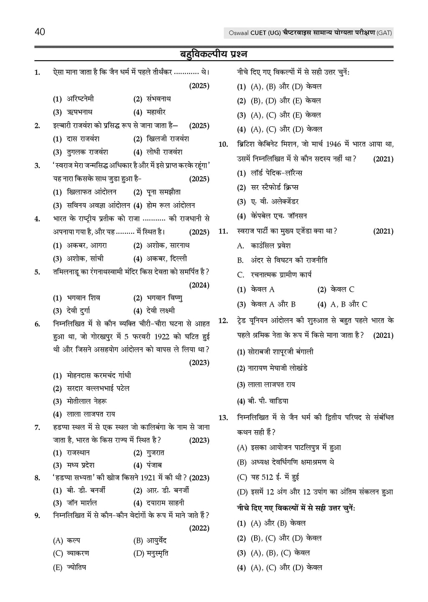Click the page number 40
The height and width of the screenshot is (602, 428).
click(40, 32)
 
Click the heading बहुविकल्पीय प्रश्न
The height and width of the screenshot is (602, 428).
click(214, 54)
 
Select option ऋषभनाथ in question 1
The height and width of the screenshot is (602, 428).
click(79, 112)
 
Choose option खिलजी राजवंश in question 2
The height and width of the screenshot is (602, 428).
click(168, 139)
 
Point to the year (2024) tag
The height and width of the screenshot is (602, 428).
click(199, 285)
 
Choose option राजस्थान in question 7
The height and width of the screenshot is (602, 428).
click(78, 452)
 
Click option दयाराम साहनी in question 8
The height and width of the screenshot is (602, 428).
click(165, 503)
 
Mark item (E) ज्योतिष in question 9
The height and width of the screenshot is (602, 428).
click(76, 567)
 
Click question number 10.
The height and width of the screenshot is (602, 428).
click(223, 145)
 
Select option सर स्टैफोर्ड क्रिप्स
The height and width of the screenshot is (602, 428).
click(274, 187)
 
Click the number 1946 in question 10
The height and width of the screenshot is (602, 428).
click(333, 144)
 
